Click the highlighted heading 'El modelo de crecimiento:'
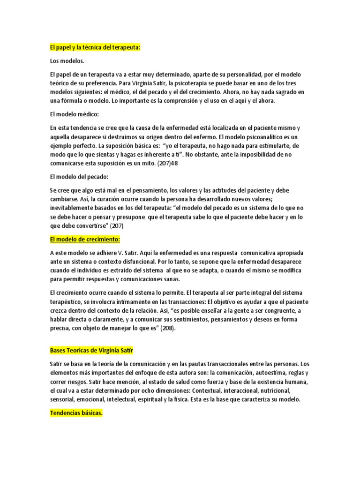[x=85, y=240]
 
